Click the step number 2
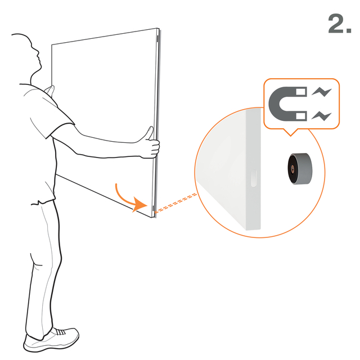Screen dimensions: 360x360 340,24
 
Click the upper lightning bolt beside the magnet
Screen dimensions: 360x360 321,92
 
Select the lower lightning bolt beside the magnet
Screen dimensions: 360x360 321,116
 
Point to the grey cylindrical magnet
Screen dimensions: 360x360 300,169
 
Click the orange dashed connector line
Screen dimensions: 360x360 175,203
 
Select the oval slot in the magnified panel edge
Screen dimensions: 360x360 254,178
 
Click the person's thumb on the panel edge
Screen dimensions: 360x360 150,133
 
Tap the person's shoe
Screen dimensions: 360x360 51,339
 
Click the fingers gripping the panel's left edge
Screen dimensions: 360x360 50,91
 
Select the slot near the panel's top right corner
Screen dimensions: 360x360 157,39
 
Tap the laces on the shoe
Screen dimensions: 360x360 60,331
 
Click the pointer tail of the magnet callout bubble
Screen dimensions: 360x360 290,132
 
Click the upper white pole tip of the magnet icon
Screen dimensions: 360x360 301,92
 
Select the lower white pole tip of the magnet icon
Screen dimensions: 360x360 301,116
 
